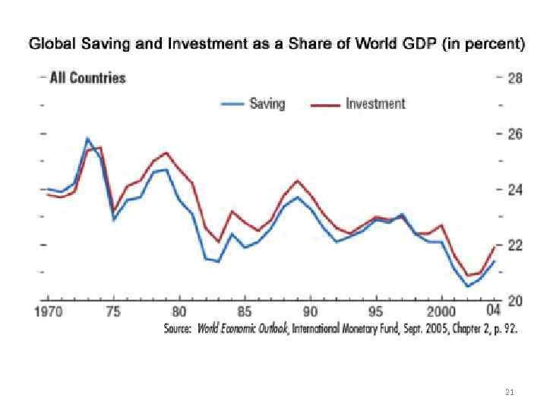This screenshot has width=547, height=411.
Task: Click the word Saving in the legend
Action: click(x=267, y=104)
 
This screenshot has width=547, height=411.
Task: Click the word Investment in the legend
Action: click(x=375, y=104)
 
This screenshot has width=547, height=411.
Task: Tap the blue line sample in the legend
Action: click(x=232, y=105)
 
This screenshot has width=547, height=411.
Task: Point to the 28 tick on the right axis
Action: click(x=514, y=78)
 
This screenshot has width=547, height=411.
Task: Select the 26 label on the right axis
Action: click(x=514, y=134)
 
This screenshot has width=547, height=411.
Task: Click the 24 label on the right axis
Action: click(x=514, y=190)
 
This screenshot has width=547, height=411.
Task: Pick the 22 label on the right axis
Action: click(x=514, y=245)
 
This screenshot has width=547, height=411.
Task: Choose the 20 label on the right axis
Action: click(x=514, y=301)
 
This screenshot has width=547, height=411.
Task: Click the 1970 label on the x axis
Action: click(x=48, y=311)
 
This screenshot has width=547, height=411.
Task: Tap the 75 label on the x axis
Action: click(x=113, y=311)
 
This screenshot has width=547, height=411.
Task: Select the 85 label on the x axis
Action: click(x=245, y=311)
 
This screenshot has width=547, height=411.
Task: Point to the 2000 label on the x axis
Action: click(x=441, y=311)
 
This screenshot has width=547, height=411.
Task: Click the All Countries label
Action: click(x=87, y=78)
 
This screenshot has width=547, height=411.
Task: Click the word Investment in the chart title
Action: click(x=208, y=44)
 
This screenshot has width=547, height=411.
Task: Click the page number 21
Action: click(x=510, y=392)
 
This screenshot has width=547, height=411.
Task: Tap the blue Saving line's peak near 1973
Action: click(x=87, y=139)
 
